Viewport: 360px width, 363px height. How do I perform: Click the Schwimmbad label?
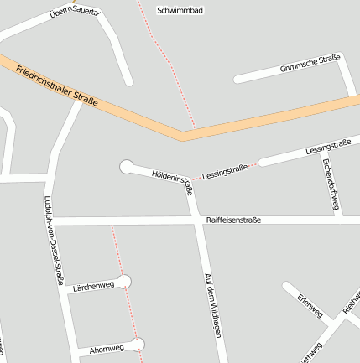click(x=180, y=11)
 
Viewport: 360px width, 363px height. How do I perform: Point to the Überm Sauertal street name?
click(x=74, y=13)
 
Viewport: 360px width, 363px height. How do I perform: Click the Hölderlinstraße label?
click(x=172, y=180)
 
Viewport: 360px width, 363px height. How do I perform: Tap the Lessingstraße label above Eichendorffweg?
click(x=328, y=146)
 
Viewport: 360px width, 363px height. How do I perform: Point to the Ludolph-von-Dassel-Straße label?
click(x=53, y=241)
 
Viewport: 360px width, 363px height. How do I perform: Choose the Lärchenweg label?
click(x=93, y=286)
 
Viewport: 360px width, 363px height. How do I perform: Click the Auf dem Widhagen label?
click(x=211, y=305)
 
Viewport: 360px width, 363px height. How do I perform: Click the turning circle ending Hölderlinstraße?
click(x=127, y=167)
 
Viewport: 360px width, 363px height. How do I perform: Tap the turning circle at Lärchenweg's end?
click(x=125, y=281)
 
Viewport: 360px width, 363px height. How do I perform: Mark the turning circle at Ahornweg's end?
click(x=137, y=344)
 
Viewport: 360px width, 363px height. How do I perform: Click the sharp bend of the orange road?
click(x=183, y=133)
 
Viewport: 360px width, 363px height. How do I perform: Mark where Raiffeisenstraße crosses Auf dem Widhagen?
click(x=197, y=220)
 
